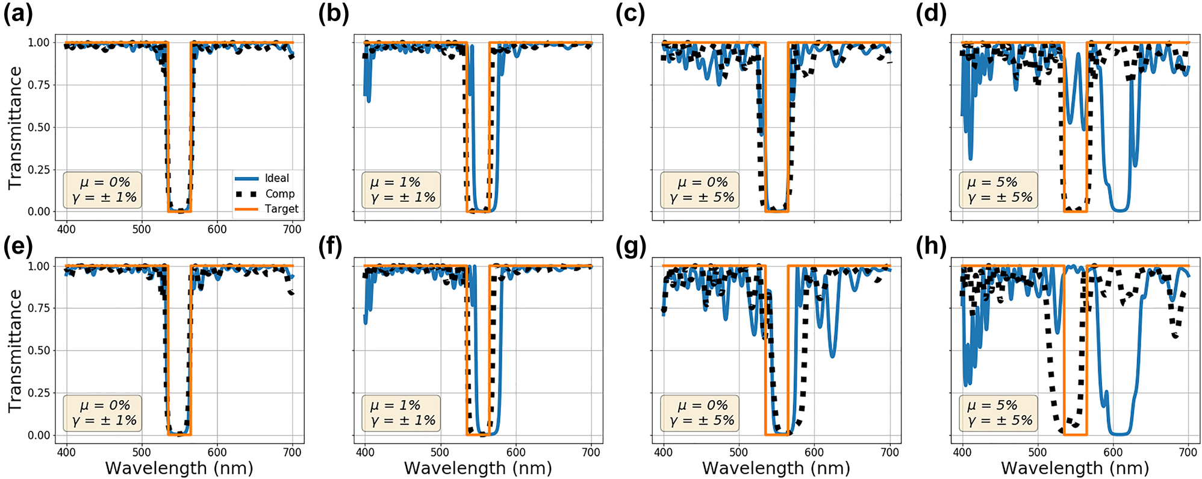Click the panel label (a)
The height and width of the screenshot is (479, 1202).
coord(18,13)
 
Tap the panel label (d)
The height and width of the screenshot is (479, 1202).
coord(931,13)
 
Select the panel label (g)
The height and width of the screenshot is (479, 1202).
coord(631,246)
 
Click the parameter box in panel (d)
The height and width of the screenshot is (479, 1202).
coord(998,190)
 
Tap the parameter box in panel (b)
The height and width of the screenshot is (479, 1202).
coord(401,190)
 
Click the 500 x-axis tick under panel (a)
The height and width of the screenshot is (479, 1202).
coord(142,230)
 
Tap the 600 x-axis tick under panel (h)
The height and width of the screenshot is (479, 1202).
coord(1113,452)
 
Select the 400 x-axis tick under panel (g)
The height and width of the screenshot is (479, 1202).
coord(663,452)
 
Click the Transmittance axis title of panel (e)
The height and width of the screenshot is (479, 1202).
coord(15,351)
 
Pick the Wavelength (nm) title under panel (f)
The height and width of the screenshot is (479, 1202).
coord(478,468)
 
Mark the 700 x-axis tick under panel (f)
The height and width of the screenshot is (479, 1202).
coord(591,452)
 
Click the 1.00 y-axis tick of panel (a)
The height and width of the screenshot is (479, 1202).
coord(39,43)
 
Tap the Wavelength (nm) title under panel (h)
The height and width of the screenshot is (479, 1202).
coord(1075,468)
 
